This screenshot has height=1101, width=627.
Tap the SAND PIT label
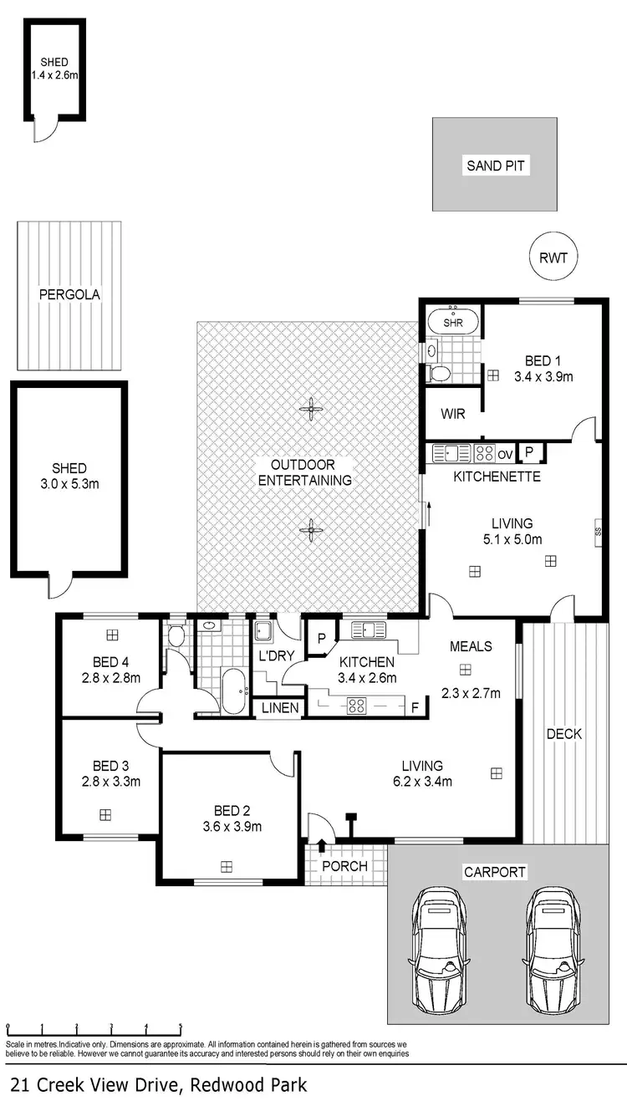click(496, 166)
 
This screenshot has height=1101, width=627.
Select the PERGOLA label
click(69, 294)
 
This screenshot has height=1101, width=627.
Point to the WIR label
click(452, 413)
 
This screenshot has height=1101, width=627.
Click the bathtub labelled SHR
click(453, 322)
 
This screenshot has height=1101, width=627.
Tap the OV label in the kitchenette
click(504, 454)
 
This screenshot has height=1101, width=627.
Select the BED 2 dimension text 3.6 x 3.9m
click(232, 827)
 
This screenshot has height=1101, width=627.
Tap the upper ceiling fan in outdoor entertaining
click(312, 409)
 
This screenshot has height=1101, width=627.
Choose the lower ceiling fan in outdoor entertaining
click(312, 528)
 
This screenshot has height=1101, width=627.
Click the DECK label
click(564, 734)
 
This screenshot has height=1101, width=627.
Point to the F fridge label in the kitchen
click(415, 707)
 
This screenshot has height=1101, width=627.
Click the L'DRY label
click(273, 656)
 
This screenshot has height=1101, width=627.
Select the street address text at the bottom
click(158, 1085)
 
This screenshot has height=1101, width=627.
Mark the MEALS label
click(471, 646)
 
